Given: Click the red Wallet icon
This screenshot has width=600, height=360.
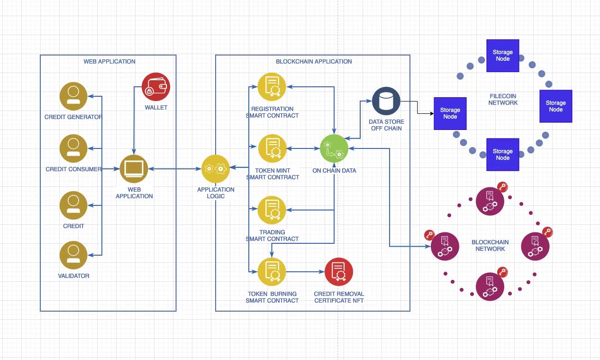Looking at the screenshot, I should pyautogui.click(x=155, y=88).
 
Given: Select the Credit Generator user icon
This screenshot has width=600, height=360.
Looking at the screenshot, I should pyautogui.click(x=73, y=96).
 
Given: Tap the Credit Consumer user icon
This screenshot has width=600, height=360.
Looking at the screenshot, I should pyautogui.click(x=73, y=148).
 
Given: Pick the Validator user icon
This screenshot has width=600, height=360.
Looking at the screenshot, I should pyautogui.click(x=73, y=255).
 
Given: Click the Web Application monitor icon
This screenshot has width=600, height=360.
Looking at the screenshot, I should pyautogui.click(x=134, y=169).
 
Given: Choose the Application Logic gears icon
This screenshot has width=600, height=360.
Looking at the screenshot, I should pyautogui.click(x=216, y=168).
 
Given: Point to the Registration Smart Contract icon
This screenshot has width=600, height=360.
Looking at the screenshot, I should pyautogui.click(x=272, y=87).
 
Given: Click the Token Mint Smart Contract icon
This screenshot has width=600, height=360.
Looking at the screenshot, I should pyautogui.click(x=272, y=148).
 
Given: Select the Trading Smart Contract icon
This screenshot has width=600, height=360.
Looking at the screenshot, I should pyautogui.click(x=272, y=210).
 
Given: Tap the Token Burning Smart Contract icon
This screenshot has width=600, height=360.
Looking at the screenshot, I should pyautogui.click(x=272, y=272).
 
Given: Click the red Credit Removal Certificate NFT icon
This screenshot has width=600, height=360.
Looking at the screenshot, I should pyautogui.click(x=339, y=272).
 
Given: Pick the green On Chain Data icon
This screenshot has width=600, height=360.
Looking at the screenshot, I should pyautogui.click(x=334, y=148).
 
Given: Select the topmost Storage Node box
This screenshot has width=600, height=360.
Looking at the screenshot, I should pyautogui.click(x=503, y=55).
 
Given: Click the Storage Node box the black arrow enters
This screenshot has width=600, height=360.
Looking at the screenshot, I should pyautogui.click(x=450, y=113).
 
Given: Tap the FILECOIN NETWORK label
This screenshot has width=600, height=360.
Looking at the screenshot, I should pyautogui.click(x=503, y=100).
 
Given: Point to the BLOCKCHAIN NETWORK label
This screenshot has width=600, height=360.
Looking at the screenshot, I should pyautogui.click(x=490, y=246).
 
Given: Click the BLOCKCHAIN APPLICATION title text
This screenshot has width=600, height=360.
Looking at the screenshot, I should pyautogui.click(x=314, y=62).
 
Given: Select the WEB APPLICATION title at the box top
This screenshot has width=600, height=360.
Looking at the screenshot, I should pyautogui.click(x=109, y=62).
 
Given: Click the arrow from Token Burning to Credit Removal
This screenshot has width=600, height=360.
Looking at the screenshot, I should pyautogui.click(x=305, y=272).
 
